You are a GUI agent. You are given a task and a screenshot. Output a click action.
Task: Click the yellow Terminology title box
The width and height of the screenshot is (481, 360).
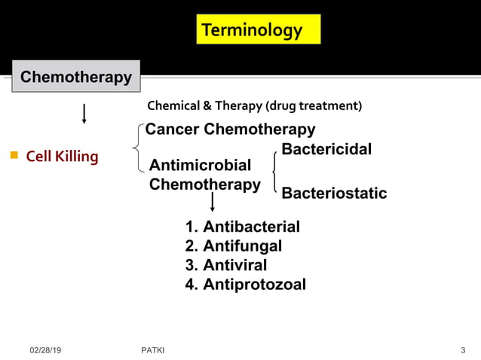[x=258, y=29]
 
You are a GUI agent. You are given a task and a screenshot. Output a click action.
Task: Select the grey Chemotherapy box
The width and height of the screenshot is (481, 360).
[x=75, y=77]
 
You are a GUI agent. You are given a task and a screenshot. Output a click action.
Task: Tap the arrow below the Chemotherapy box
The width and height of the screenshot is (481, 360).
[x=84, y=113]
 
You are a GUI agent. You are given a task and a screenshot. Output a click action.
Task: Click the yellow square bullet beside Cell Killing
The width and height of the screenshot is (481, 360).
[x=14, y=156]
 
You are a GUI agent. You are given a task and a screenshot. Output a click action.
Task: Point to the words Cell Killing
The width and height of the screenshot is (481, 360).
[x=62, y=157]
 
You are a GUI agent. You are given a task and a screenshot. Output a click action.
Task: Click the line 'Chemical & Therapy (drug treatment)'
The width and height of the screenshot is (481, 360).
[x=254, y=105]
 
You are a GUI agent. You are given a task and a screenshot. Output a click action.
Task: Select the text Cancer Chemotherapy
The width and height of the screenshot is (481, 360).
[x=230, y=129]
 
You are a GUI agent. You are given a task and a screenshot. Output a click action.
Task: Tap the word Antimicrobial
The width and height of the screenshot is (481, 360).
[x=201, y=165]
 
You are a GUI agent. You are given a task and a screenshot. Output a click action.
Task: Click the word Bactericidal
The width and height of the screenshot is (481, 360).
[x=326, y=149]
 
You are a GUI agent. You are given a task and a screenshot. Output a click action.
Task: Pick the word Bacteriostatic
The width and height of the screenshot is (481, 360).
[x=334, y=194]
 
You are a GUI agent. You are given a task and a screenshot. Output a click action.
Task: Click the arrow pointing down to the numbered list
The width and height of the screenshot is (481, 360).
[x=213, y=201]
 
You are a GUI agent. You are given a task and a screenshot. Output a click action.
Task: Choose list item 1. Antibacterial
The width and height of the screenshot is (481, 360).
[x=242, y=227]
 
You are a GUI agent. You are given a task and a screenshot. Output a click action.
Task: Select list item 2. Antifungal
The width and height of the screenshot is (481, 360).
[x=233, y=246]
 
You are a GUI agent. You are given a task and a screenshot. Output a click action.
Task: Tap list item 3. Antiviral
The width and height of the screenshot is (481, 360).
[x=225, y=265]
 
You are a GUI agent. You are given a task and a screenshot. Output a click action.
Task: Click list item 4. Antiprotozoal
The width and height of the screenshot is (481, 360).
[x=245, y=284]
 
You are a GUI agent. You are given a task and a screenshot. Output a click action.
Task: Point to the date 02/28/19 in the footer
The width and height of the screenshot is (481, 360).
[x=45, y=350]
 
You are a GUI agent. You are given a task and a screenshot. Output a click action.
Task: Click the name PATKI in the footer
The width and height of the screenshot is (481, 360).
[x=153, y=350]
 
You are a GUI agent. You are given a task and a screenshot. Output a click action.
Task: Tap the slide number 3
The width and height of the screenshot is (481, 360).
[x=463, y=350]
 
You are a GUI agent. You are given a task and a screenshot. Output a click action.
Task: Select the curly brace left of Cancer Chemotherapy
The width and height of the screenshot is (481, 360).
[x=136, y=148]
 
